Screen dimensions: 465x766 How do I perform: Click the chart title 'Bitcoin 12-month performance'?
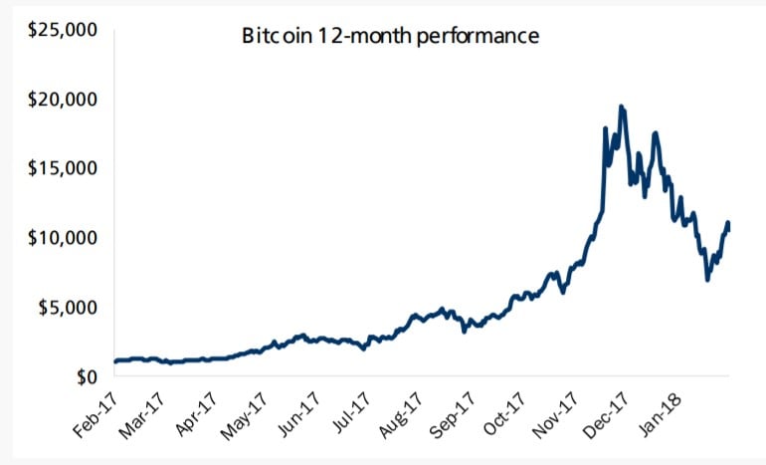point(391,37)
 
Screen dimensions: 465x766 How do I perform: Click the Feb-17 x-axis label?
point(96,416)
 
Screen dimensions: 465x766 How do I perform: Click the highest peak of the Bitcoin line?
point(621,107)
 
